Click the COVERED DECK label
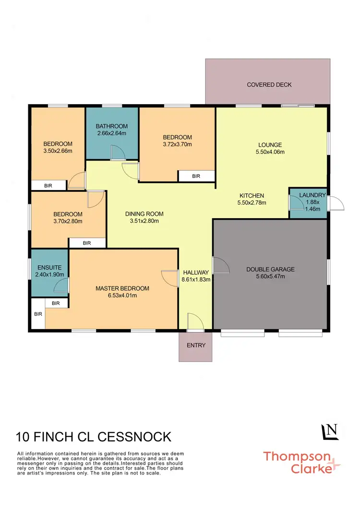point(269,85)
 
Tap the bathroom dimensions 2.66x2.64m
point(111,133)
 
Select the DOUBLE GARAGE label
point(270,269)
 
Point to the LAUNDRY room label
point(312,195)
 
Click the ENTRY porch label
point(196,345)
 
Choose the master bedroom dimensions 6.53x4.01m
point(122,295)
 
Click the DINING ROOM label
point(144,214)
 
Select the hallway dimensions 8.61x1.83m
point(196,279)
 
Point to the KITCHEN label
point(252,195)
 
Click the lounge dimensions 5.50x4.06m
point(270,152)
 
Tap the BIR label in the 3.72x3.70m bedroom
point(196,177)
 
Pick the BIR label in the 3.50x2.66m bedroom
point(48,186)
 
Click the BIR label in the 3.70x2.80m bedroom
point(87,243)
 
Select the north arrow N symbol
point(331,432)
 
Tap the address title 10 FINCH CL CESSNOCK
point(94,437)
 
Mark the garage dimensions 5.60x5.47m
point(270,277)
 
